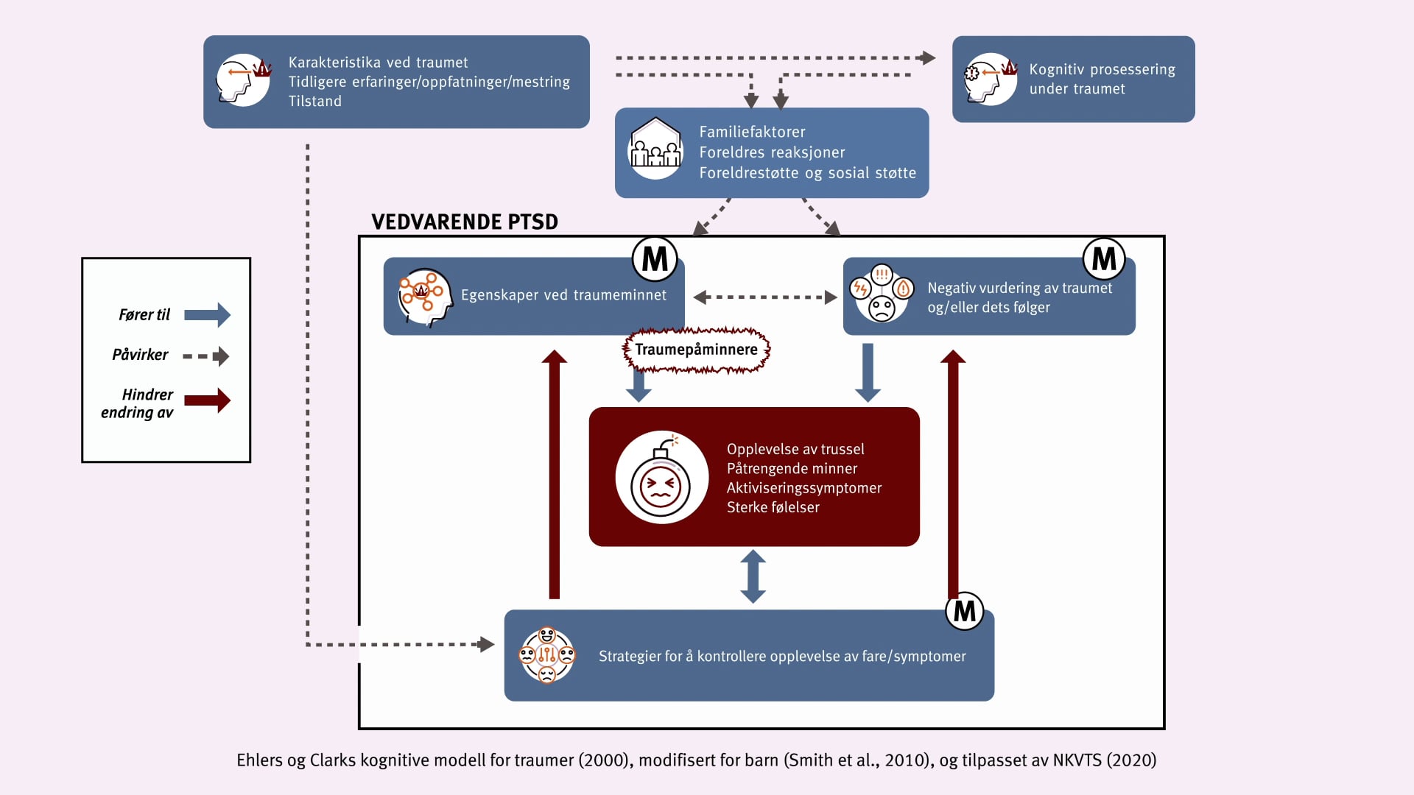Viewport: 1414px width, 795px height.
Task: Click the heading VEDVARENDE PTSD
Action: click(x=465, y=222)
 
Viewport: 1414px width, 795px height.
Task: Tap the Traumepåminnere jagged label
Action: click(x=696, y=350)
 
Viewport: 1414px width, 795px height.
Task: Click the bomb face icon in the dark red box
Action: click(x=661, y=478)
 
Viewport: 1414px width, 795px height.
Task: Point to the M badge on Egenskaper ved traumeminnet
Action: click(x=655, y=259)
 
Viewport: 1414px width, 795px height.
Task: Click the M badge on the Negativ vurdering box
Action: click(x=1104, y=259)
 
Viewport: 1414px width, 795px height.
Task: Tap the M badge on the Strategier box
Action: click(x=965, y=611)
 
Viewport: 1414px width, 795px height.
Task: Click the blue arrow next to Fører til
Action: click(x=207, y=315)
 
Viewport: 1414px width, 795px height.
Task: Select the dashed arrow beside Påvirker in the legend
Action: click(x=207, y=356)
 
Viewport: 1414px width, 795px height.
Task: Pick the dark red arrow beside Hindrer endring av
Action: click(x=207, y=400)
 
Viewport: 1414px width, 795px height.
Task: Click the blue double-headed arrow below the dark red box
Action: click(x=753, y=577)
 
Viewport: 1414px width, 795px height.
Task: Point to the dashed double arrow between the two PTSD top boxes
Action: click(x=765, y=297)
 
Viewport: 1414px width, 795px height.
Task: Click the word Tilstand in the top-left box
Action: click(x=315, y=102)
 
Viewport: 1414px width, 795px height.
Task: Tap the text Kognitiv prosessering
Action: click(x=1102, y=69)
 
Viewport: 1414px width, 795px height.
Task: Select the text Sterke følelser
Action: click(x=773, y=507)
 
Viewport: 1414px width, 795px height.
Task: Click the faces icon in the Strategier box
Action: click(x=547, y=655)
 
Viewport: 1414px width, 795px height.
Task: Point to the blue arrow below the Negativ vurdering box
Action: click(x=868, y=372)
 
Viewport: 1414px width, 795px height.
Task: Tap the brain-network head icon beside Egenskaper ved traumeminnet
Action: click(x=424, y=297)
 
